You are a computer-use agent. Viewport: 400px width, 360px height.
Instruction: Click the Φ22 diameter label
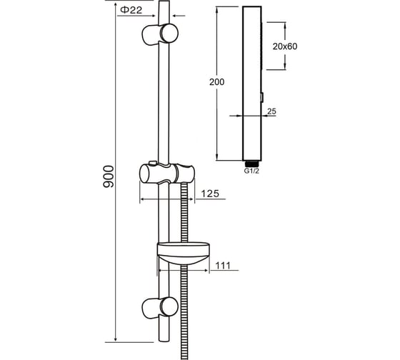[131, 10]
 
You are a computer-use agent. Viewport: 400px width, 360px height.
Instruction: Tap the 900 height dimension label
[108, 176]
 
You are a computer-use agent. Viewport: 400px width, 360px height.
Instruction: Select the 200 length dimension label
[217, 82]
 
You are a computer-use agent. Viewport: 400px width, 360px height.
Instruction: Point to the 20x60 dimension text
[285, 46]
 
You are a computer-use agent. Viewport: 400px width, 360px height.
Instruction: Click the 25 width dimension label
[271, 111]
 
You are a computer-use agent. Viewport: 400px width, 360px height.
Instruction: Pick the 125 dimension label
[210, 194]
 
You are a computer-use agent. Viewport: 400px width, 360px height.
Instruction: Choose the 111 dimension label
[223, 266]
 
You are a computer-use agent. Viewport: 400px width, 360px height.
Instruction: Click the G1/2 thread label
[251, 171]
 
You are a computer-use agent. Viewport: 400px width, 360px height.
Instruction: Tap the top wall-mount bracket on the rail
[160, 34]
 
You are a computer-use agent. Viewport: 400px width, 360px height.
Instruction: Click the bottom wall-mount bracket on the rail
[160, 308]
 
